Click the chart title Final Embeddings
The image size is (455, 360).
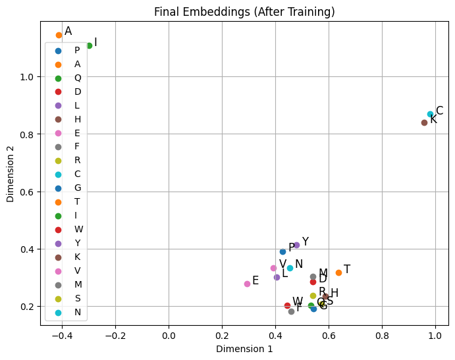pyautogui.click(x=244, y=12)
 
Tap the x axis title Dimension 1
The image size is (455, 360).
pyautogui.click(x=244, y=349)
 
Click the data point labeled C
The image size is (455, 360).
pyautogui.click(x=431, y=115)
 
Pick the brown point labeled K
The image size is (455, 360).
pyautogui.click(x=424, y=122)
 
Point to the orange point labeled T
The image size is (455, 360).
pyautogui.click(x=338, y=272)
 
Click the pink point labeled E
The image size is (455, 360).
pyautogui.click(x=247, y=284)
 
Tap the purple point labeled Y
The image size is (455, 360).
pyautogui.click(x=296, y=245)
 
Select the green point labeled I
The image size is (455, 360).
pyautogui.click(x=89, y=45)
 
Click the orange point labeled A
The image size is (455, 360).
pyautogui.click(x=59, y=35)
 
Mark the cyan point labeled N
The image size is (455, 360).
pyautogui.click(x=290, y=268)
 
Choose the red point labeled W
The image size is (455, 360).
pyautogui.click(x=287, y=305)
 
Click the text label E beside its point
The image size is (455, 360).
pyautogui.click(x=255, y=280)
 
